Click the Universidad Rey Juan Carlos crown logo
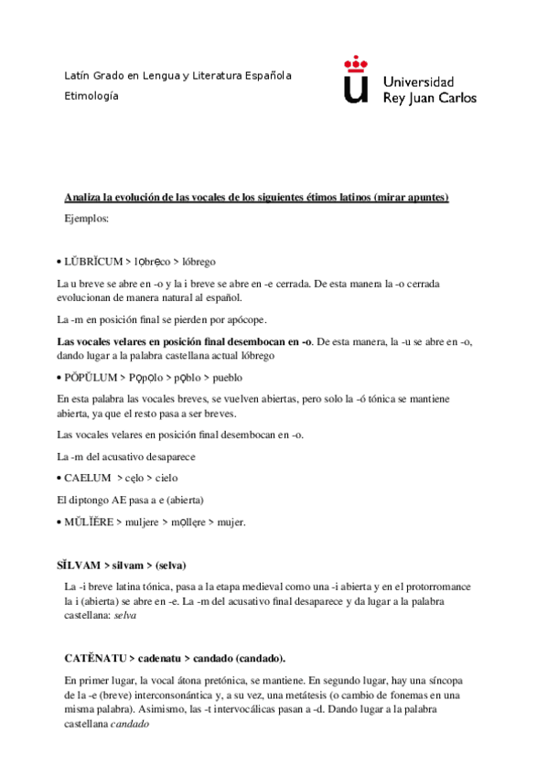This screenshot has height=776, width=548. pos(357,80)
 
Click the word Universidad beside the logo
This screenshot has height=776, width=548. pos(417,81)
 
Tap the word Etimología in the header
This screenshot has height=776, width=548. pos(91,95)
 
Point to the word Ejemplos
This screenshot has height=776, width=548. pos(87,219)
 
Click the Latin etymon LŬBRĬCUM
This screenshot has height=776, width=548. pos(92,262)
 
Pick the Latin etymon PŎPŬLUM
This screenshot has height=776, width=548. pos(92,376)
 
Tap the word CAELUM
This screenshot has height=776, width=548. pos(86,478)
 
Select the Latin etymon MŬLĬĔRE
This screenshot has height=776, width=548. pos(90,523)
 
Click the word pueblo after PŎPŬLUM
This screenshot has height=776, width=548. pos(226,376)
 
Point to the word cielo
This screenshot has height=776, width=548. pos(166,478)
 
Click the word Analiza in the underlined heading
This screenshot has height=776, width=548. pos(83,198)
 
